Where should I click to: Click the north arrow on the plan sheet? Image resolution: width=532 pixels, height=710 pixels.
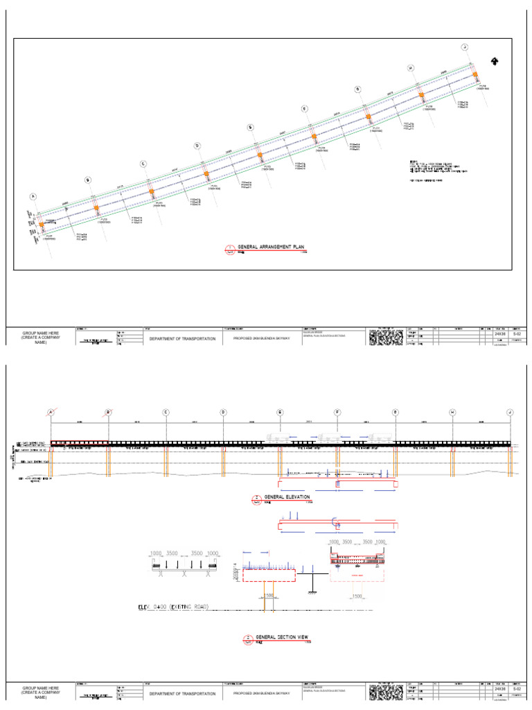click(495, 61)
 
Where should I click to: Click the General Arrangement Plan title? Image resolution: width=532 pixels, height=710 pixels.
click(271, 247)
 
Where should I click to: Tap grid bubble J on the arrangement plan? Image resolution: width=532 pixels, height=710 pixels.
click(465, 46)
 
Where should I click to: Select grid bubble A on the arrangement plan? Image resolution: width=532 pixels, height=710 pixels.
click(32, 197)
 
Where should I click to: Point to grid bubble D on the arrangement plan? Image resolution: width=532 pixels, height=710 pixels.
click(197, 146)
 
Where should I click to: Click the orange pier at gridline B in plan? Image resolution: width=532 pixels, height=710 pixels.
click(96, 208)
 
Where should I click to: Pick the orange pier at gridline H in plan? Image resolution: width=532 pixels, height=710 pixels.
click(420, 97)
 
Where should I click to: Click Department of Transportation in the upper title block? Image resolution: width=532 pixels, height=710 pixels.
click(184, 339)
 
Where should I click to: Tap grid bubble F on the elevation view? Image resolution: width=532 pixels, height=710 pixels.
click(337, 412)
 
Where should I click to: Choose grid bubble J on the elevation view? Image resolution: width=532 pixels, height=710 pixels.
click(509, 412)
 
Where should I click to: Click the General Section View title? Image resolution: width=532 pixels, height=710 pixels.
click(280, 637)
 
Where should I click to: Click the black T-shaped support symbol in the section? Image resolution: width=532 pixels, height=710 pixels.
click(312, 581)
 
